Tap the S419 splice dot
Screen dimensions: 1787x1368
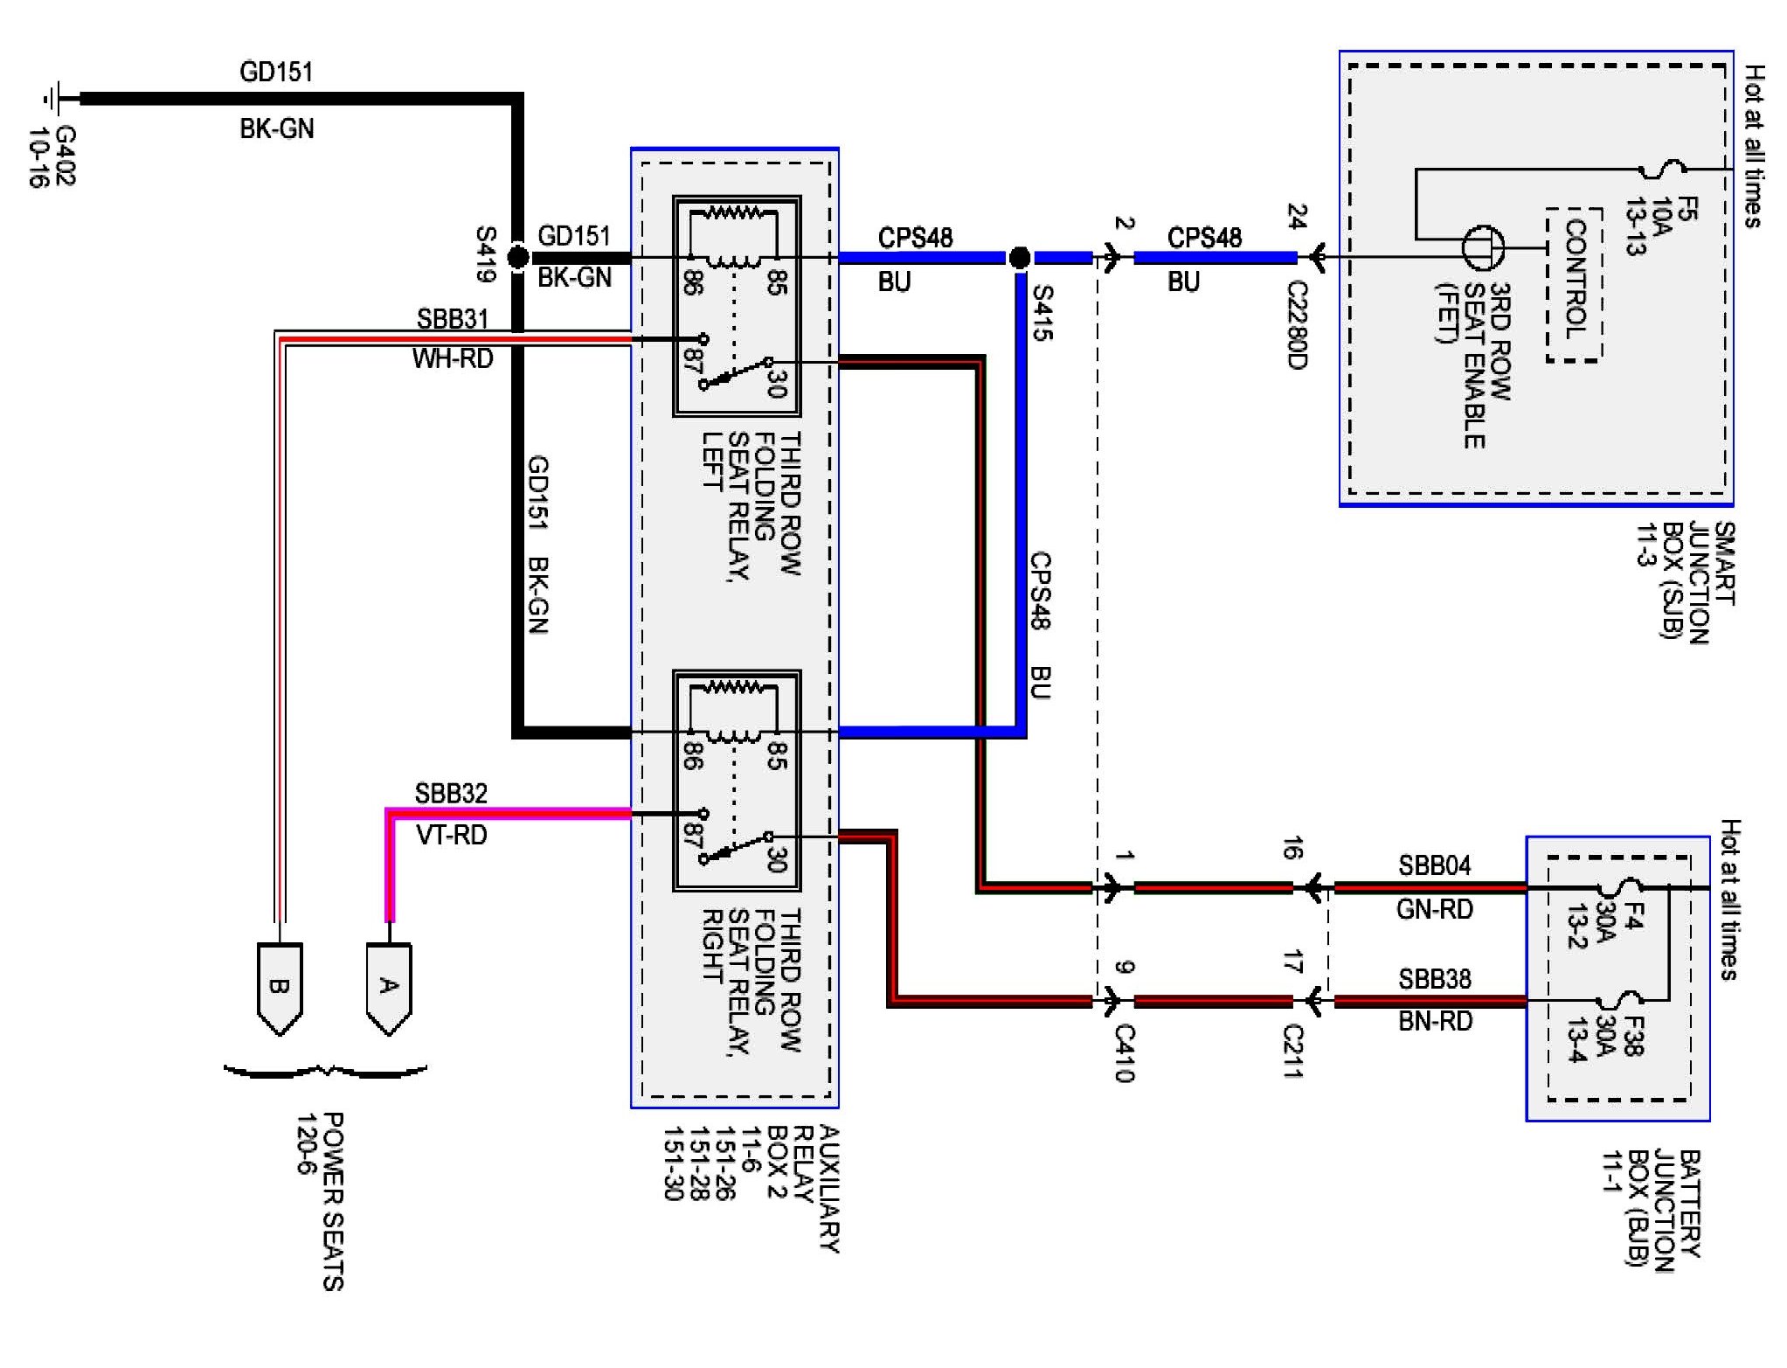pos(518,257)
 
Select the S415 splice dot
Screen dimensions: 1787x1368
pos(1019,258)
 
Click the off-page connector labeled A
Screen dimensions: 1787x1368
pos(388,989)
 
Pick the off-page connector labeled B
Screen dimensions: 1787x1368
pos(280,989)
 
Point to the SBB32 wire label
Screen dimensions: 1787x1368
pos(451,793)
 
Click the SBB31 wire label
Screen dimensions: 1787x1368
pos(453,318)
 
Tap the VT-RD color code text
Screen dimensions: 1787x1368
pos(452,835)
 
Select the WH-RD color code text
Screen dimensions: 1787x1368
pos(453,358)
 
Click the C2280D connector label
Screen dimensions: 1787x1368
pos(1297,325)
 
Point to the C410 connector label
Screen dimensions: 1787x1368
pos(1125,1053)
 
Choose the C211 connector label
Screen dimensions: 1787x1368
pos(1293,1051)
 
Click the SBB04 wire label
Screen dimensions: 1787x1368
pos(1435,865)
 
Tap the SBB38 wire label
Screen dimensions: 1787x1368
pos(1435,979)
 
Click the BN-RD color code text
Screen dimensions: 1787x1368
pos(1435,1020)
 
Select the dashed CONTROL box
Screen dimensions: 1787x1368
pos(1574,284)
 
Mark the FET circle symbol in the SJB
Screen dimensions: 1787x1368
pos(1484,247)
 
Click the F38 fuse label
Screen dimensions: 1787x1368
pos(1632,1036)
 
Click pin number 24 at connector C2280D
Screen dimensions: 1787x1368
pos(1297,217)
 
